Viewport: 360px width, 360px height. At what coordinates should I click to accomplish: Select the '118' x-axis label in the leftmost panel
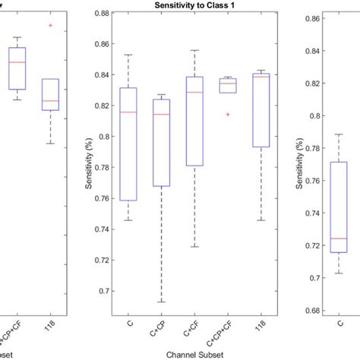pos(50,325)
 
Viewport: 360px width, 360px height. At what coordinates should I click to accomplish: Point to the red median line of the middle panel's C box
pos(129,112)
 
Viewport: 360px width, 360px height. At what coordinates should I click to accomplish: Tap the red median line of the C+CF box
pos(194,92)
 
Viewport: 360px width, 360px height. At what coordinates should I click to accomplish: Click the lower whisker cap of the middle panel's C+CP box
pos(162,302)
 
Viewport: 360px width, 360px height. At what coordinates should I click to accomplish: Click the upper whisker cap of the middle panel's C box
pos(129,55)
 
